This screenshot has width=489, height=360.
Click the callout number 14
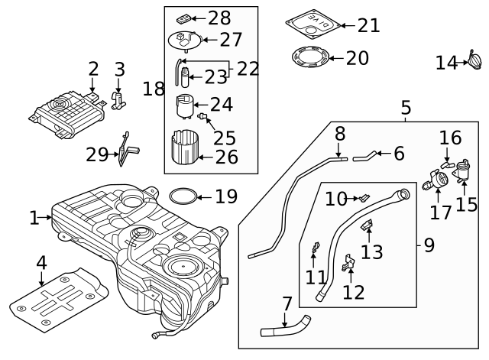(x=446, y=63)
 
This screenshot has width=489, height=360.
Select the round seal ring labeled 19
(x=181, y=197)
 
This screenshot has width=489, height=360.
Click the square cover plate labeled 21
(x=313, y=21)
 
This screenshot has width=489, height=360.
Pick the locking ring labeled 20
(x=312, y=57)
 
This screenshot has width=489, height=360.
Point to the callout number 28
(x=219, y=18)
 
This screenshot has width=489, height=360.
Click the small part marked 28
(x=184, y=18)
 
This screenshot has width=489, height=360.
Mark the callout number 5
(x=406, y=108)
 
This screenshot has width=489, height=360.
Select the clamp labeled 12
(x=348, y=264)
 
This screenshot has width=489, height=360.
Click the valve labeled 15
(x=462, y=170)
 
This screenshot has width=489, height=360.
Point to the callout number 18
(x=153, y=89)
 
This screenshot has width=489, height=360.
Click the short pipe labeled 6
(x=364, y=157)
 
